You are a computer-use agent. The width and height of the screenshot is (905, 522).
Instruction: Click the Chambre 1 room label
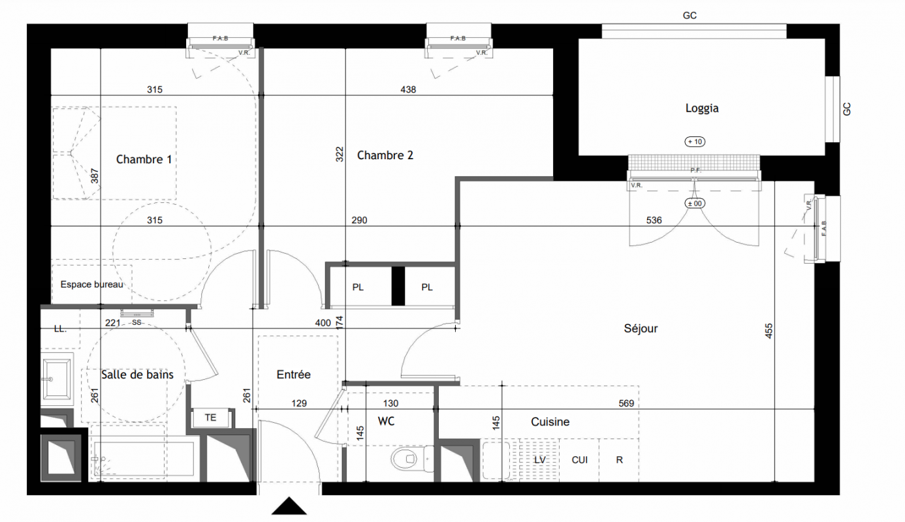(x=144, y=159)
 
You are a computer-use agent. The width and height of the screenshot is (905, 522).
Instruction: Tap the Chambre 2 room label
(x=385, y=155)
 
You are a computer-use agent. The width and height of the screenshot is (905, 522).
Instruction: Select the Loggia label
(x=702, y=108)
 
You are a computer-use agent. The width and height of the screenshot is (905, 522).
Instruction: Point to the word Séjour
(x=641, y=329)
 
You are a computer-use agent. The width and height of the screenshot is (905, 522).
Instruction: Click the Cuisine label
(x=550, y=422)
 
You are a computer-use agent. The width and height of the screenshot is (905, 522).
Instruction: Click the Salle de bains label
(x=137, y=375)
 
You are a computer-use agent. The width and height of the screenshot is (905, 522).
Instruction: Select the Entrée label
(x=293, y=375)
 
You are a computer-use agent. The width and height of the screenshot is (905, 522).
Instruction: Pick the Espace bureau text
(x=91, y=284)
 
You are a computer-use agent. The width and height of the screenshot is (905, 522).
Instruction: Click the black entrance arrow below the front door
(x=289, y=506)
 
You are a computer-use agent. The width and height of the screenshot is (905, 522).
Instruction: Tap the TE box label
(x=210, y=418)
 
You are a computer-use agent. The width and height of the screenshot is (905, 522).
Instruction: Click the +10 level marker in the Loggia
(x=695, y=142)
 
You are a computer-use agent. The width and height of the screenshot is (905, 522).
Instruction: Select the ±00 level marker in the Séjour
(x=695, y=204)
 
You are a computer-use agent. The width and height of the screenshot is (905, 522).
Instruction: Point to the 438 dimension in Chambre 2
(x=407, y=89)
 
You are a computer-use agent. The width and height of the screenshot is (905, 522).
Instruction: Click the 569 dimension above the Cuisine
(x=626, y=403)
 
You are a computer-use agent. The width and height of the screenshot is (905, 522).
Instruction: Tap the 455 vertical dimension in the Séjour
(x=769, y=331)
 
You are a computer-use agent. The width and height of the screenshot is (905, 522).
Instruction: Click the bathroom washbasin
(x=57, y=379)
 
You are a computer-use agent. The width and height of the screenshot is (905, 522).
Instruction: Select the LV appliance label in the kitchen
(x=540, y=460)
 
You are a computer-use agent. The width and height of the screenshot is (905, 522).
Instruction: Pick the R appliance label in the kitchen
(x=620, y=460)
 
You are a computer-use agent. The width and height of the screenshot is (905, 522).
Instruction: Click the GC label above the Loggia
(x=690, y=16)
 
